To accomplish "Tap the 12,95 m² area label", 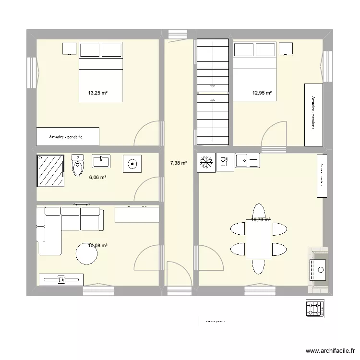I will click(x=262, y=93).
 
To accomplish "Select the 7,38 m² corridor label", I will click(x=179, y=163).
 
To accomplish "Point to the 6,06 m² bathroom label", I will click(x=97, y=177).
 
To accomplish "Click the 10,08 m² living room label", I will click(x=97, y=246).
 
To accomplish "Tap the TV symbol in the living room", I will click(x=61, y=279).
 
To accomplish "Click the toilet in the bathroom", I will click(x=77, y=165).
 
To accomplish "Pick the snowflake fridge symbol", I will click(x=207, y=162).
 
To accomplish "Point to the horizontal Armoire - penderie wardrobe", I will click(x=67, y=136).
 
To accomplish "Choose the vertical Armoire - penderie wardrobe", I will click(x=313, y=115).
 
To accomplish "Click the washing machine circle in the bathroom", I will click(x=132, y=164).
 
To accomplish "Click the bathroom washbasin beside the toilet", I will click(x=101, y=161).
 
